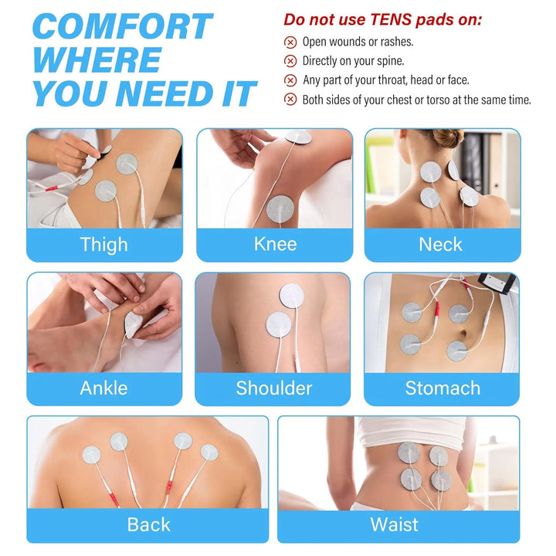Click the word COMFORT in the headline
pyautogui.click(x=122, y=26)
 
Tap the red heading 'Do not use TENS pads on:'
pyautogui.click(x=382, y=19)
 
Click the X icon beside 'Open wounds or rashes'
pyautogui.click(x=290, y=42)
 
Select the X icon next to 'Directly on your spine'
pyautogui.click(x=290, y=61)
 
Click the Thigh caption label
pyautogui.click(x=104, y=245)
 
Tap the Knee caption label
pyautogui.click(x=275, y=244)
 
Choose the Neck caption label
pyautogui.click(x=440, y=244)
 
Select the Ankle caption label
pyautogui.click(x=103, y=388)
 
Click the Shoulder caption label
pyautogui.click(x=273, y=388)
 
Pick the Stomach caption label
pyautogui.click(x=442, y=388)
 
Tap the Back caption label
pyautogui.click(x=148, y=524)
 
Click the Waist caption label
pyautogui.click(x=395, y=524)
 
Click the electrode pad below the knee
pyautogui.click(x=280, y=209)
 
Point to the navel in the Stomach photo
pyautogui.click(x=463, y=334)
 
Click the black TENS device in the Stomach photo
pyautogui.click(x=497, y=283)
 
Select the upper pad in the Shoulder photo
pyautogui.click(x=291, y=296)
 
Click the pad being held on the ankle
pyautogui.click(x=133, y=324)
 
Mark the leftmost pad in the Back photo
pyautogui.click(x=91, y=455)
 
